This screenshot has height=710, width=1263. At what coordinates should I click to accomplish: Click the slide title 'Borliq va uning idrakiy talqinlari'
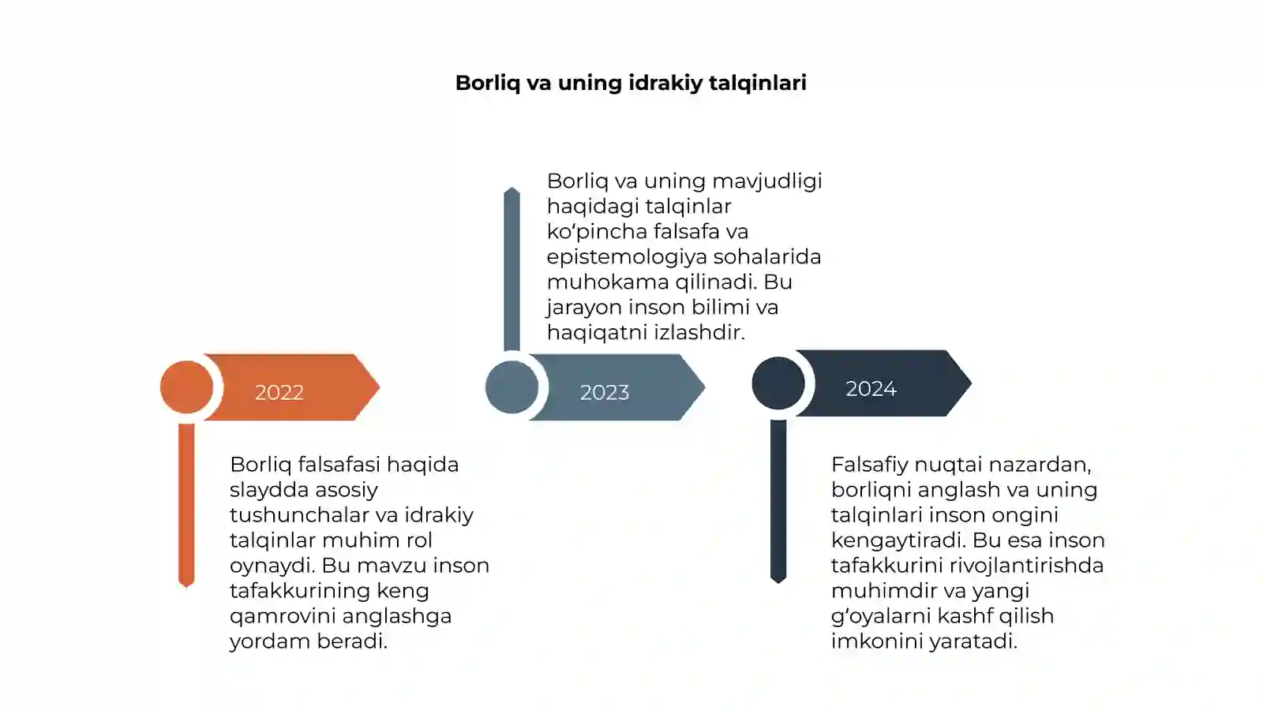coord(631,83)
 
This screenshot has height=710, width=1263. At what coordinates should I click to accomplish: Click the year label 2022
coord(279,392)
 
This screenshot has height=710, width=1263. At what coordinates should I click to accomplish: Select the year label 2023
coord(605,392)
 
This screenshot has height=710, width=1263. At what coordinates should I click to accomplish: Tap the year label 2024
coord(871,388)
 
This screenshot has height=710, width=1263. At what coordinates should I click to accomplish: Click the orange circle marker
coord(186,387)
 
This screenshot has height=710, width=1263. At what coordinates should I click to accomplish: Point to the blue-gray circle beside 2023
coord(512,387)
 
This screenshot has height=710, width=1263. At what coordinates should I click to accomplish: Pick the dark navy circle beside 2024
coord(778,383)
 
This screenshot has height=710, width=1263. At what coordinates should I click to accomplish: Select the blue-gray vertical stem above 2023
coord(512,269)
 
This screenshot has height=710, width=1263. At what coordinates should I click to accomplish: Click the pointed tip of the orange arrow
coord(380,387)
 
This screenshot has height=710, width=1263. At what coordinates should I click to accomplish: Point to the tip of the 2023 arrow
coord(705,387)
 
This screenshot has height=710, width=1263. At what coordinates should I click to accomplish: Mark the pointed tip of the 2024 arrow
coord(971,383)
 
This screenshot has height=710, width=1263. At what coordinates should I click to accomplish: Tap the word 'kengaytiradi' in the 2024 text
coord(898,540)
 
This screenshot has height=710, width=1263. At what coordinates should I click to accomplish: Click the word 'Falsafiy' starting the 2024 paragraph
coord(869,465)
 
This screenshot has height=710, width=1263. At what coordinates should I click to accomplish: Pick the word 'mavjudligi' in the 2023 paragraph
coord(766,181)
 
